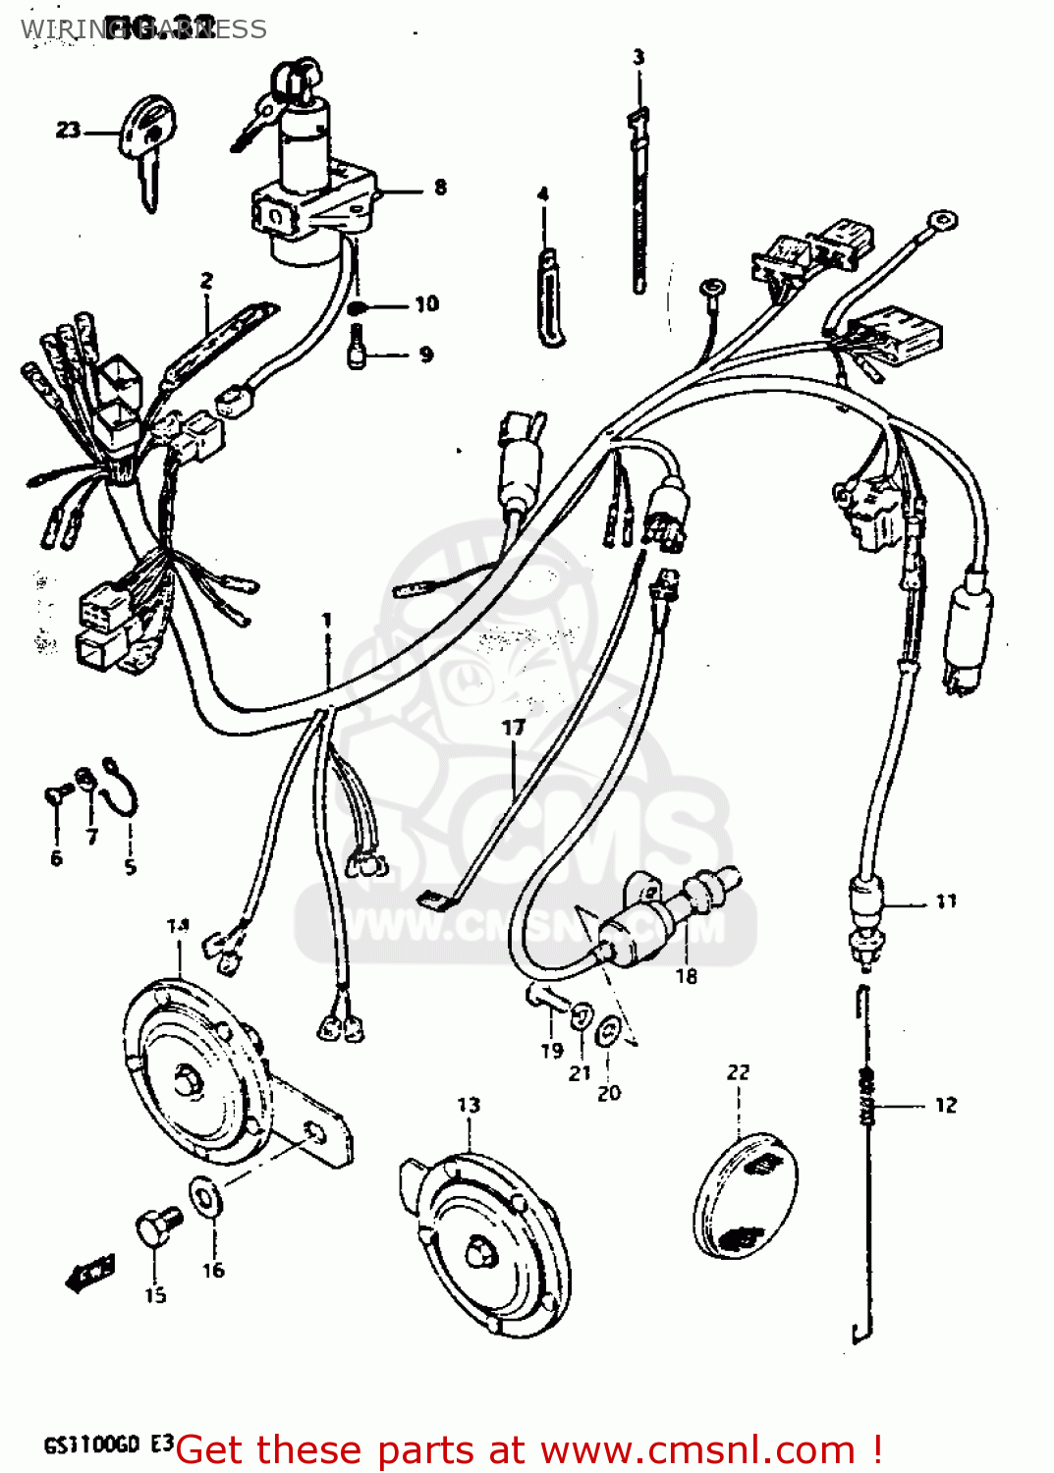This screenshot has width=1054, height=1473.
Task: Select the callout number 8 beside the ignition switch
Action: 440,187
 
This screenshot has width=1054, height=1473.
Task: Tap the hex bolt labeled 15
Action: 157,1227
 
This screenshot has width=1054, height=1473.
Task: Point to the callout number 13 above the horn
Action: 469,1105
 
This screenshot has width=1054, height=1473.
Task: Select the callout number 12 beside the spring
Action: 945,1105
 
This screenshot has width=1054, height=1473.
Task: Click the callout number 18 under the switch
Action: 686,975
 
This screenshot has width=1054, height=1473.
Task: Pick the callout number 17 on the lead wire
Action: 513,728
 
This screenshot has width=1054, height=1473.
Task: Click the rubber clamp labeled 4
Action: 549,299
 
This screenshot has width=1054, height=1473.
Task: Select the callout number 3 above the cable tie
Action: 638,57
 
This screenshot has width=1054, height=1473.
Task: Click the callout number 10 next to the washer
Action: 426,304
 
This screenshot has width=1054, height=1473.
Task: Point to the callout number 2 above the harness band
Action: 206,281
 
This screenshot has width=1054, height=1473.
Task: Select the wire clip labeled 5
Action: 123,787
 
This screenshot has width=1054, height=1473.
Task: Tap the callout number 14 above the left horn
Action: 178,925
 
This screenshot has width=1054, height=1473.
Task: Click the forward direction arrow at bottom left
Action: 89,1273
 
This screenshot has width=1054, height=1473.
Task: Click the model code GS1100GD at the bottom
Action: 92,1445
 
